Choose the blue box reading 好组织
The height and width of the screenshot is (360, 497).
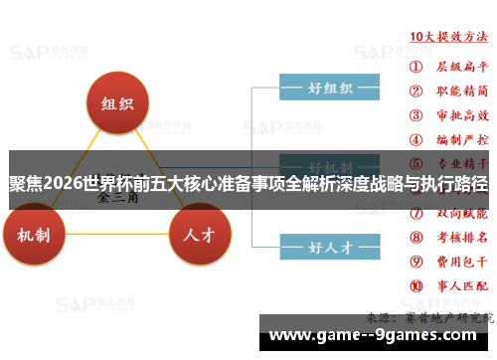click(x=329, y=89)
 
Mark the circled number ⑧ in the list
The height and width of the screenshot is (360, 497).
click(x=416, y=238)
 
